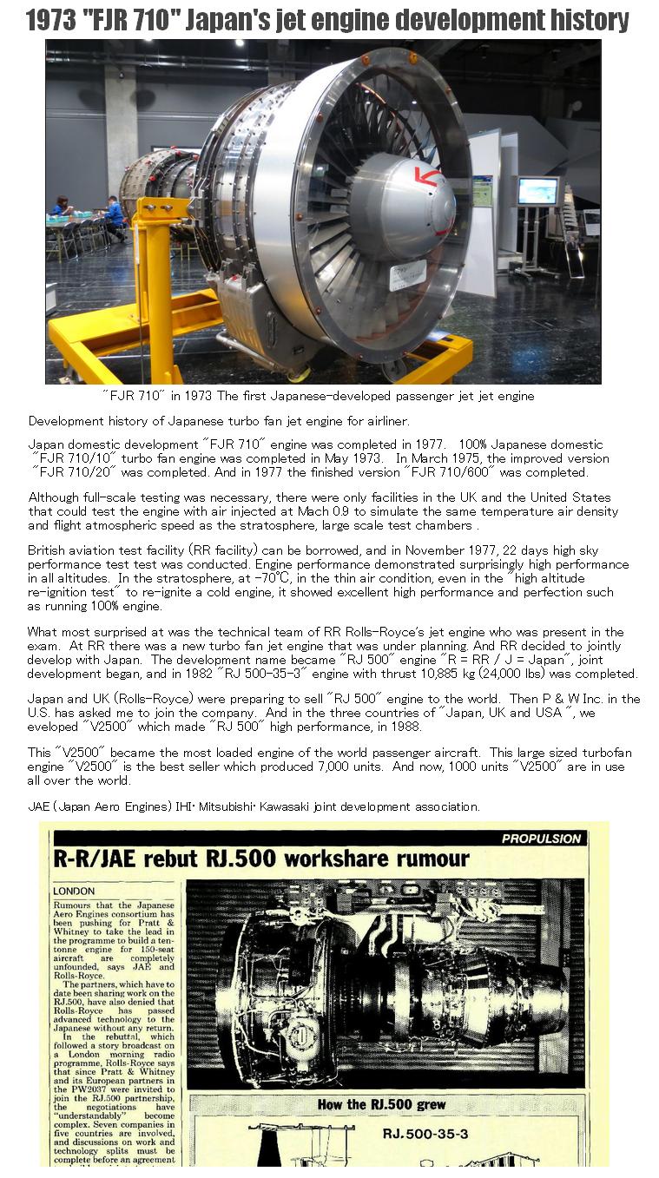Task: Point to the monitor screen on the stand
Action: (x=537, y=190)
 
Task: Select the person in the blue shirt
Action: (x=113, y=213)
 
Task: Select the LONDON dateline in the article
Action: (x=74, y=892)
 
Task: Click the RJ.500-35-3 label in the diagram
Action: (x=425, y=1133)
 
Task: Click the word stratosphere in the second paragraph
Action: (x=399, y=525)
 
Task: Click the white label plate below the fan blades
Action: (x=406, y=273)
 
